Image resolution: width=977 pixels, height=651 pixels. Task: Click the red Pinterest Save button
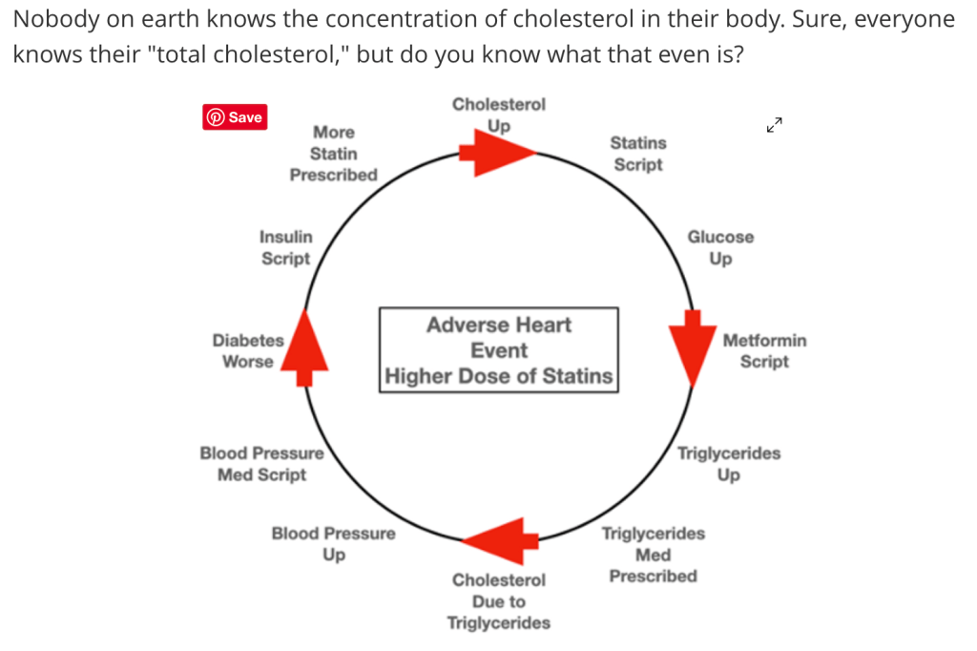(235, 117)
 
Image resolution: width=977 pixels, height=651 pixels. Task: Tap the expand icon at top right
(774, 125)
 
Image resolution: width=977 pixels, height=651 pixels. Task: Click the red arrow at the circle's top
(496, 154)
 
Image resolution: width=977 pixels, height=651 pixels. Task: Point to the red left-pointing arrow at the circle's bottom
(495, 540)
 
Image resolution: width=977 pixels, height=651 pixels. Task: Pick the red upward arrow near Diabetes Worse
(303, 346)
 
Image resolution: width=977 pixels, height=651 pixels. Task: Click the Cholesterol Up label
(498, 115)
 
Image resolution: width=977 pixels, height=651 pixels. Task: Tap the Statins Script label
(638, 154)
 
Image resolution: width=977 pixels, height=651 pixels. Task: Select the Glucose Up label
(720, 247)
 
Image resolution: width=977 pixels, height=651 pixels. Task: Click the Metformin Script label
(764, 350)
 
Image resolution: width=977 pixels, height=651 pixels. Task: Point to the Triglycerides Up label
(728, 464)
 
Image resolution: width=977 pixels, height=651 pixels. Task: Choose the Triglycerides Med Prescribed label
(653, 555)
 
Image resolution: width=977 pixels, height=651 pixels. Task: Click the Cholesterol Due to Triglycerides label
(498, 601)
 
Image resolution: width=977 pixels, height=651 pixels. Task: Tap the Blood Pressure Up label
(333, 544)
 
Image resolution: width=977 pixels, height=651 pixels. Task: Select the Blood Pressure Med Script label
(261, 464)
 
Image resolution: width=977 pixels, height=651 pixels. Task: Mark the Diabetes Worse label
(248, 350)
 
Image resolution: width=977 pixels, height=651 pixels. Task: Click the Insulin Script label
(285, 247)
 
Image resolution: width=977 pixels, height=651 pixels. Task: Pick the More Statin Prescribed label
(333, 154)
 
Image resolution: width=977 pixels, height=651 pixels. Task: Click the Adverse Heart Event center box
(498, 349)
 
